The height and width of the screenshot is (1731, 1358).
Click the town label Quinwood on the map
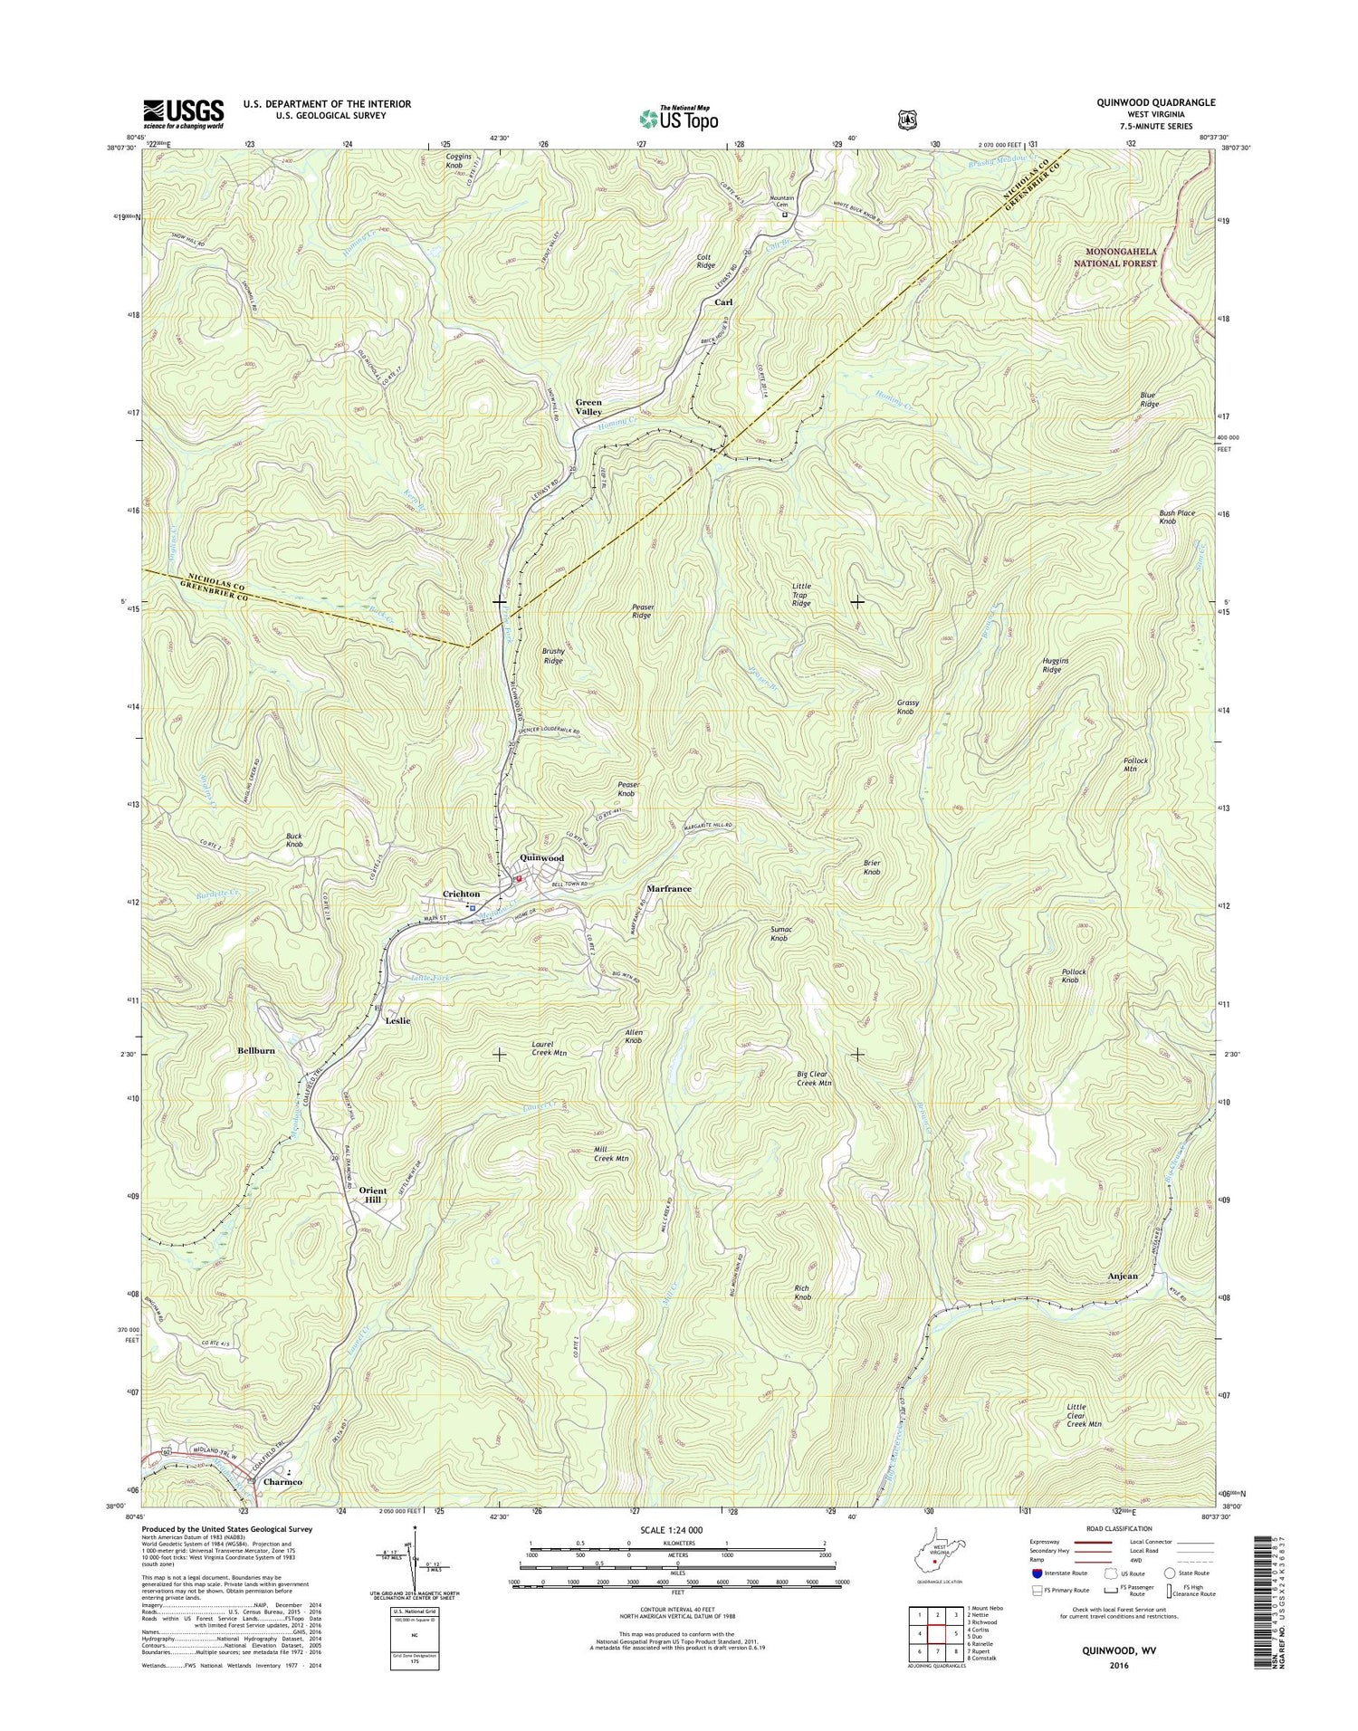coord(541,857)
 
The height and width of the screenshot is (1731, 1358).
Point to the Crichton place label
coord(461,894)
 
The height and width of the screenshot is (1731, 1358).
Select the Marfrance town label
coord(669,889)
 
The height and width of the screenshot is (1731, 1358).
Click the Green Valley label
coord(588,406)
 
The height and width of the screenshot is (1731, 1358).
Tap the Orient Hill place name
coord(372,1195)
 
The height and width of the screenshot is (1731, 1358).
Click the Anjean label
coord(1123,1276)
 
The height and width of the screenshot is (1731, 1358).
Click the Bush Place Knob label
coord(1178,517)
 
